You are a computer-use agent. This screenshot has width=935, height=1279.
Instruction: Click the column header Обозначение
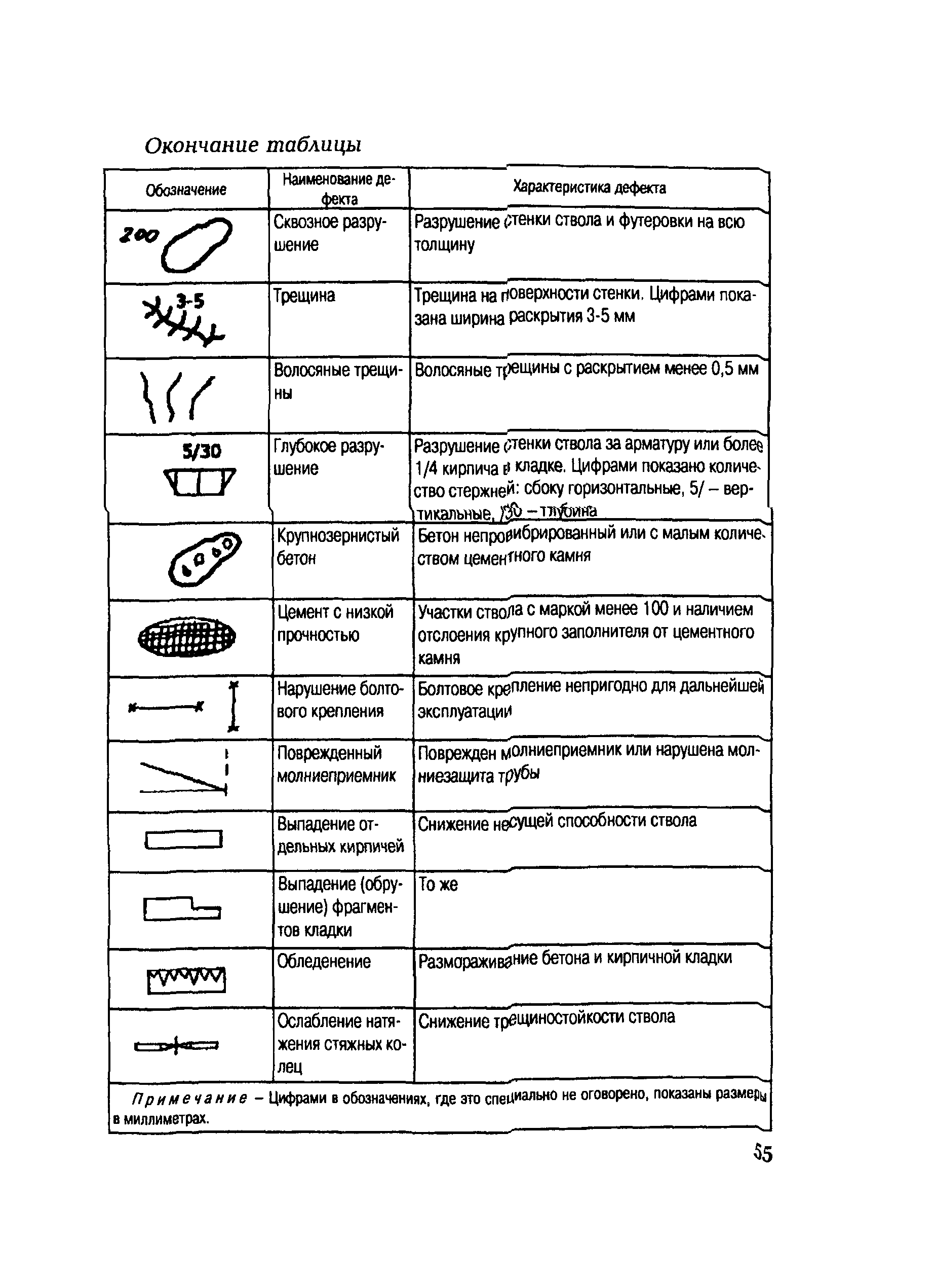tap(186, 190)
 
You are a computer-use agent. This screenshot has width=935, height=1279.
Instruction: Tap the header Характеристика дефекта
tap(589, 188)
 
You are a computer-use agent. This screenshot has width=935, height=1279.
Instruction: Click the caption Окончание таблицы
tap(253, 145)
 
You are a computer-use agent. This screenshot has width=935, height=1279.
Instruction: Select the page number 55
tap(762, 1153)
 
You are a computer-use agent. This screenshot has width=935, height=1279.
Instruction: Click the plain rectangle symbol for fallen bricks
tap(183, 839)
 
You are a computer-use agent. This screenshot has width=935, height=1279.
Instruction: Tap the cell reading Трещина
tap(304, 296)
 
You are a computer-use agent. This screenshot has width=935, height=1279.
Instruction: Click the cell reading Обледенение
tap(324, 962)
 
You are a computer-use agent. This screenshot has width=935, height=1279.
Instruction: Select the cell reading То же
tap(438, 884)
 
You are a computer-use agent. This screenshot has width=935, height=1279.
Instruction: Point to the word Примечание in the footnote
tap(189, 1099)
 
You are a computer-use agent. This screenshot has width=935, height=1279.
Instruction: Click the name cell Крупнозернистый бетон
tap(337, 546)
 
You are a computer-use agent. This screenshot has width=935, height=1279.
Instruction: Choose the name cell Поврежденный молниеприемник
tap(336, 764)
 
